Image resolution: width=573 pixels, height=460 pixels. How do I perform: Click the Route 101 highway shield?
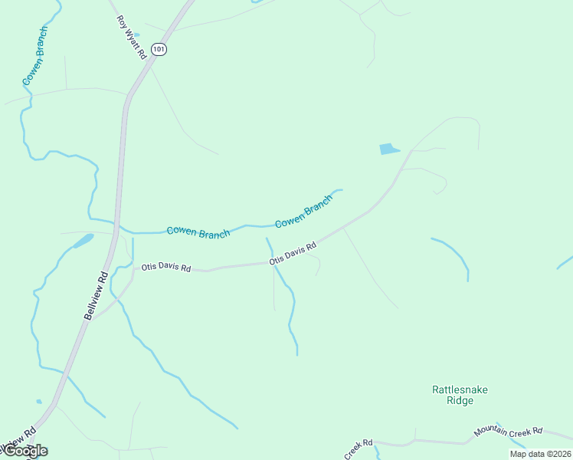[x=159, y=49]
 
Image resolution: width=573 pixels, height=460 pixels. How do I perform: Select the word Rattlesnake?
[x=460, y=389]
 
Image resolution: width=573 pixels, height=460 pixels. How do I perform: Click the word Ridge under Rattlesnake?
[x=460, y=400]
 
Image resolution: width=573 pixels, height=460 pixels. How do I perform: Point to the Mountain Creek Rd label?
[x=508, y=432]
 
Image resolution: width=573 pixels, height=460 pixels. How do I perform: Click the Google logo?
[x=25, y=451]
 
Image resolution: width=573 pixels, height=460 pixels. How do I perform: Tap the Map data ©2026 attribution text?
[x=540, y=454]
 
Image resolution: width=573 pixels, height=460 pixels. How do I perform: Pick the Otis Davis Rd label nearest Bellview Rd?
[x=165, y=268]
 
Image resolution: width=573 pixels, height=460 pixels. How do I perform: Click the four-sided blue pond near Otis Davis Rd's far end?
[x=389, y=149]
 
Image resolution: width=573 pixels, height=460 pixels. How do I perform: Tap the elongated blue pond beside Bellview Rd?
[x=81, y=242]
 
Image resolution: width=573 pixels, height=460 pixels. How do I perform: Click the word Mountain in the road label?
[x=491, y=434]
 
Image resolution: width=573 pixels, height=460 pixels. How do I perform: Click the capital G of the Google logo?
[x=11, y=451]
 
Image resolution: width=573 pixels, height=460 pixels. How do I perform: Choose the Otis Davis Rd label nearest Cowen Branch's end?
[x=293, y=255]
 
